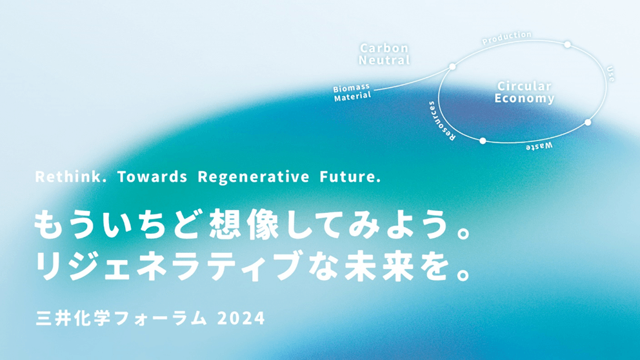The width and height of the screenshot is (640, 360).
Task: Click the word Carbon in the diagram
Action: (385, 48)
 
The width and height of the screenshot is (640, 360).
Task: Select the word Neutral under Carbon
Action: (385, 60)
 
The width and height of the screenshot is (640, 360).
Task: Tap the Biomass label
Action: (352, 88)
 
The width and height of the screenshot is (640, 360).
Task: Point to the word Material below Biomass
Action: (353, 97)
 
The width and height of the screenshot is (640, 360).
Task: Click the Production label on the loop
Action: (507, 38)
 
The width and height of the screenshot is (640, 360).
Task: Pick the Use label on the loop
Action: (610, 74)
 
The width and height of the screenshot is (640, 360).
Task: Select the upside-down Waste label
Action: (539, 146)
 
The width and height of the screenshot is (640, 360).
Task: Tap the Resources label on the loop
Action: (441, 121)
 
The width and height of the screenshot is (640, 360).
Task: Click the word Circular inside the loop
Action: (525, 86)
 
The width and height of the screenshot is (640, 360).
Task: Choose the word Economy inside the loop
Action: (525, 99)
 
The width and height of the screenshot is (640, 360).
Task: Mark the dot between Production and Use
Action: (567, 45)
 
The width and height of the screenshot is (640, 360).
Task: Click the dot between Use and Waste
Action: (588, 122)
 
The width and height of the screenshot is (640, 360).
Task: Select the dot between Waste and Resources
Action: (483, 141)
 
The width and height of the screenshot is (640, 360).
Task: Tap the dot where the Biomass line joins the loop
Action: (452, 66)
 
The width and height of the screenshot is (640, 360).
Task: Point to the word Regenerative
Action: (254, 177)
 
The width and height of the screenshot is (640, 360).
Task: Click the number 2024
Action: (241, 318)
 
